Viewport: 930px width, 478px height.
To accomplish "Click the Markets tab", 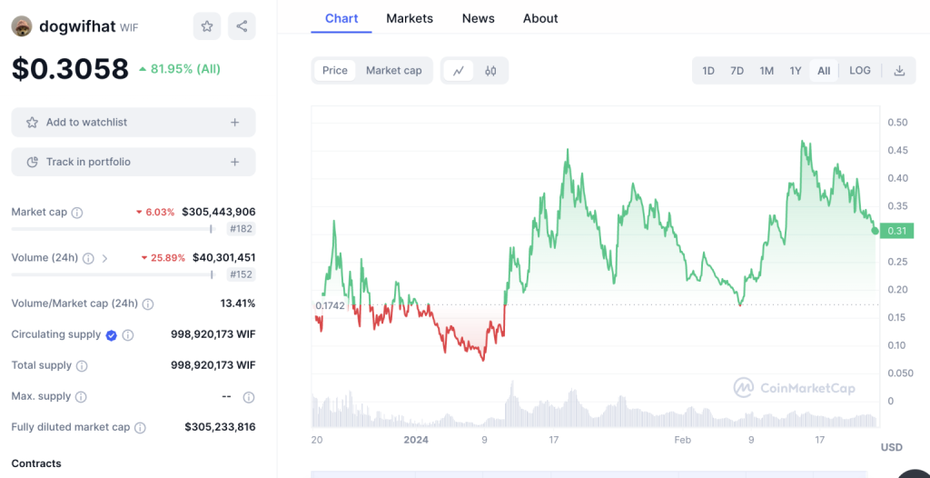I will pyautogui.click(x=410, y=18).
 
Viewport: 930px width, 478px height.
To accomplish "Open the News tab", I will pyautogui.click(x=478, y=18).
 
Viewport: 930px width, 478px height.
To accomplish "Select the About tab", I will pyautogui.click(x=540, y=18).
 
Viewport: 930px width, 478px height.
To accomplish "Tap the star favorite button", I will pyautogui.click(x=207, y=26).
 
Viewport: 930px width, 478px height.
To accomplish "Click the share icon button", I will pyautogui.click(x=242, y=26).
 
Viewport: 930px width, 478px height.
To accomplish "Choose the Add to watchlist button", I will pyautogui.click(x=134, y=122).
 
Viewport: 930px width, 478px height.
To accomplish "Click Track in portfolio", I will pyautogui.click(x=134, y=162).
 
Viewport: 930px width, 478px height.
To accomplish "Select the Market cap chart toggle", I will pyautogui.click(x=393, y=70).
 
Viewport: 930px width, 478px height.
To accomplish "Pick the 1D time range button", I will pyautogui.click(x=708, y=70).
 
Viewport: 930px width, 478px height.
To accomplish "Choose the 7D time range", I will pyautogui.click(x=737, y=70).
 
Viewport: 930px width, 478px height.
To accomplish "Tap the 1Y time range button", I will pyautogui.click(x=796, y=70).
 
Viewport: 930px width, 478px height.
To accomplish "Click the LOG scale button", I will pyautogui.click(x=859, y=70).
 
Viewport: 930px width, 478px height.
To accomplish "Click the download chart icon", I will pyautogui.click(x=899, y=70).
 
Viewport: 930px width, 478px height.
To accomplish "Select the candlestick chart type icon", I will pyautogui.click(x=490, y=70).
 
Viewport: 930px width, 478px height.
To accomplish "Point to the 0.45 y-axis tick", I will pyautogui.click(x=897, y=150).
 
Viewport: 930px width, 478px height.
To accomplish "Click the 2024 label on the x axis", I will pyautogui.click(x=415, y=439).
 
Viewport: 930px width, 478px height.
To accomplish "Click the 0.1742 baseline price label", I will pyautogui.click(x=330, y=305).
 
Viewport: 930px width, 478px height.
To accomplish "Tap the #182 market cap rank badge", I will pyautogui.click(x=242, y=229).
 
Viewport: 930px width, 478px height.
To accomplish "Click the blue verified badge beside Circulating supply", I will pyautogui.click(x=111, y=334).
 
